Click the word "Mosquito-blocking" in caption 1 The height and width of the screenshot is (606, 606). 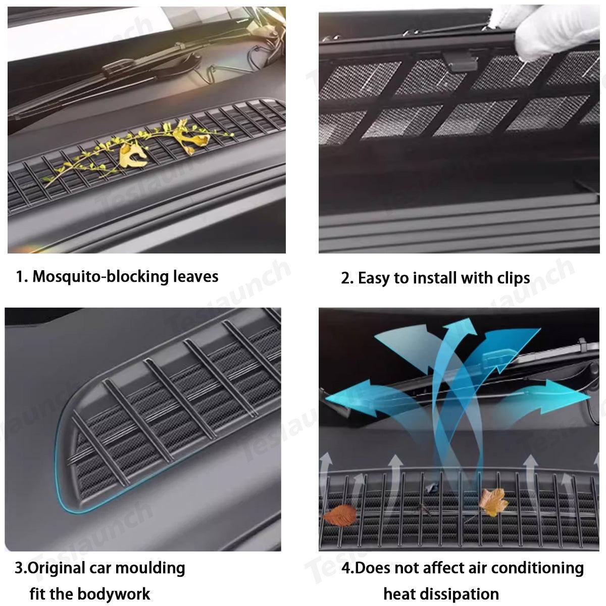click(x=100, y=277)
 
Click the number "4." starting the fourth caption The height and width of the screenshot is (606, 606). click(x=348, y=568)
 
